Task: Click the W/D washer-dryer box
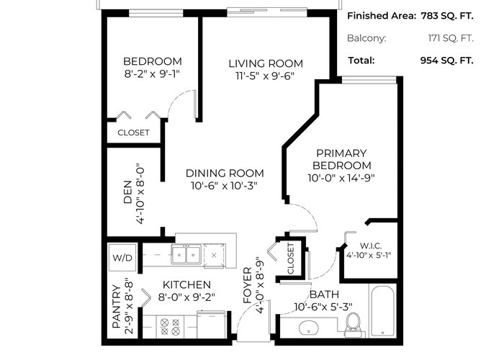[x=122, y=258]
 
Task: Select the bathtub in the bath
[x=382, y=311]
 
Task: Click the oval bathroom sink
[x=309, y=328]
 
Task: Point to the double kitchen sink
[x=186, y=254]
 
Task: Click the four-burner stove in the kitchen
[x=170, y=327]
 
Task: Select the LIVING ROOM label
[x=266, y=63]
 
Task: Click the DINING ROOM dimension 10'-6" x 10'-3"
[x=225, y=186]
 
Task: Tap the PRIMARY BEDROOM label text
[x=342, y=159]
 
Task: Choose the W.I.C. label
[x=371, y=246]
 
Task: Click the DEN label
[x=128, y=192]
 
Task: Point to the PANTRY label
[x=117, y=306]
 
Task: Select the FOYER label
[x=248, y=285]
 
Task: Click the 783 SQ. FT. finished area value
[x=447, y=16]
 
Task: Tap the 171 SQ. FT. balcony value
[x=451, y=38]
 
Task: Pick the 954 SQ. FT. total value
[x=447, y=60]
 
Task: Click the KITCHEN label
[x=186, y=284]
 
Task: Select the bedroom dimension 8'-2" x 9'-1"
[x=152, y=73]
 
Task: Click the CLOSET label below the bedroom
[x=133, y=132]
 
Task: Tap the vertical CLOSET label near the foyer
[x=290, y=258]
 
